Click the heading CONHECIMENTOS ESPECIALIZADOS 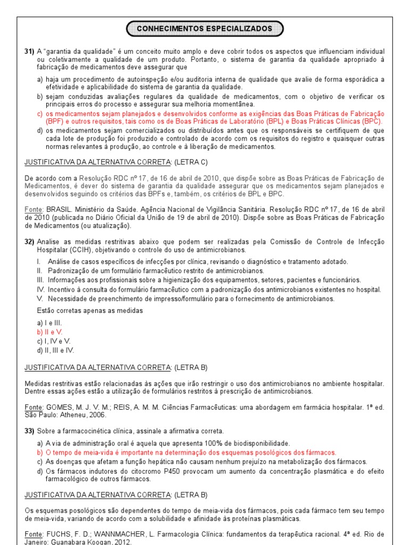coord(204,28)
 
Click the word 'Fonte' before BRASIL coord(34,210)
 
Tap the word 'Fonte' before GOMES coord(34,407)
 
